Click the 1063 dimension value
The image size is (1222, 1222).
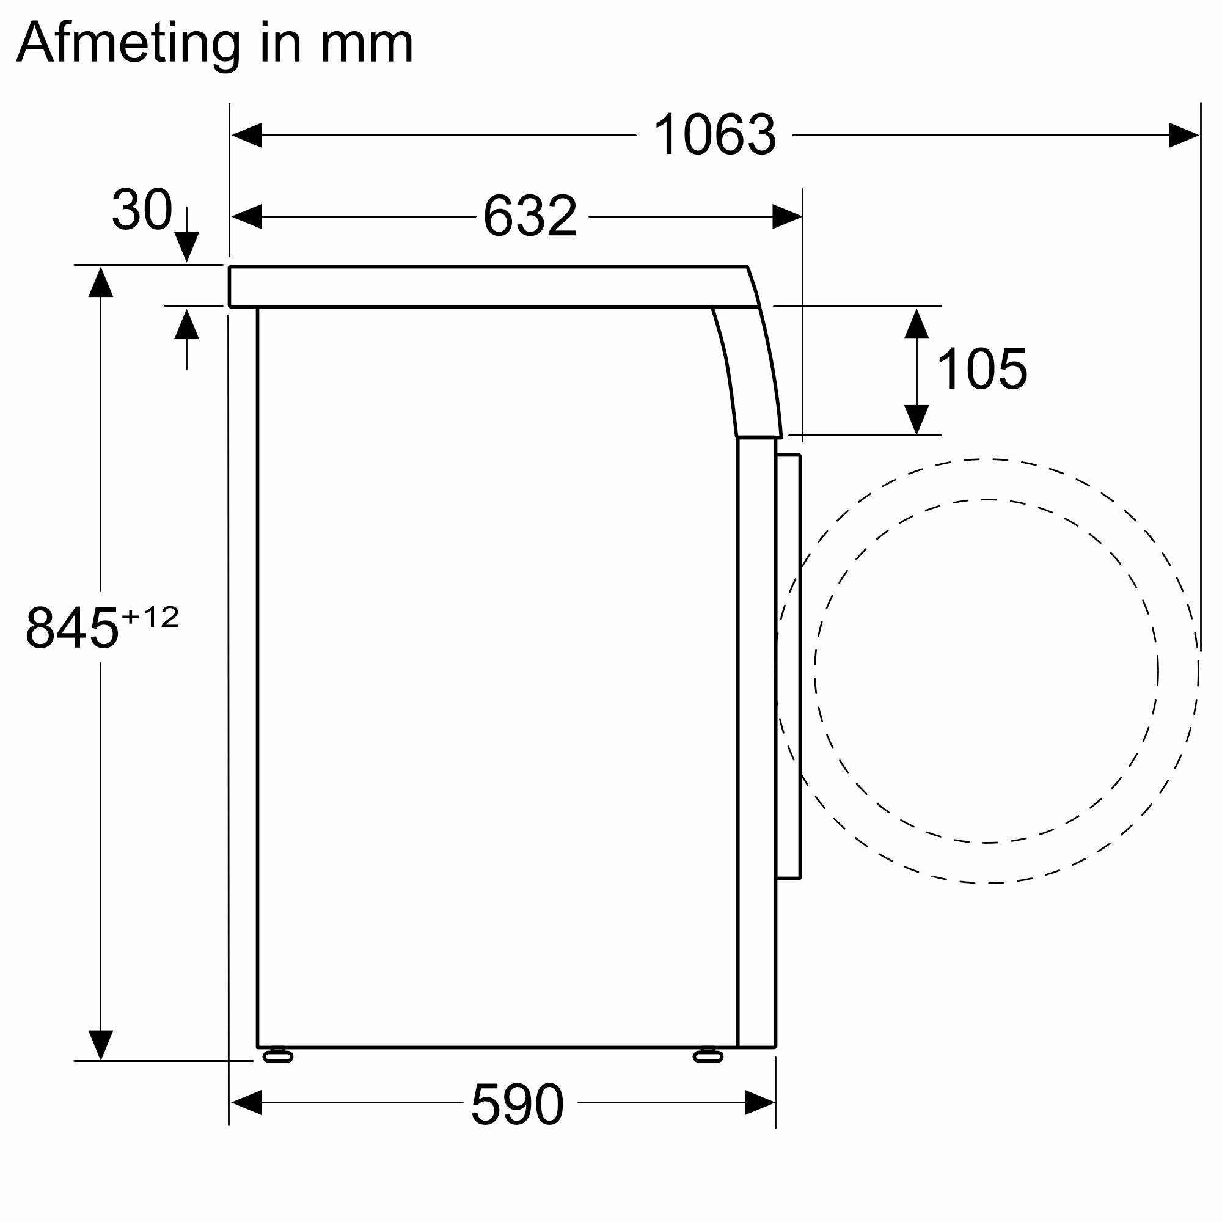pos(714,134)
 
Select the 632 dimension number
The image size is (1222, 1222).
pos(530,216)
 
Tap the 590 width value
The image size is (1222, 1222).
pos(517,1103)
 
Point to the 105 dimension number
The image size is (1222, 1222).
pos(982,369)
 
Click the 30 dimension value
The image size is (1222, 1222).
pos(142,208)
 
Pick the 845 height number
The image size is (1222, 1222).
pos(72,627)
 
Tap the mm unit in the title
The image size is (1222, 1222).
pos(367,46)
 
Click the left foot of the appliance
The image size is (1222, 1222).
pos(277,1056)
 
